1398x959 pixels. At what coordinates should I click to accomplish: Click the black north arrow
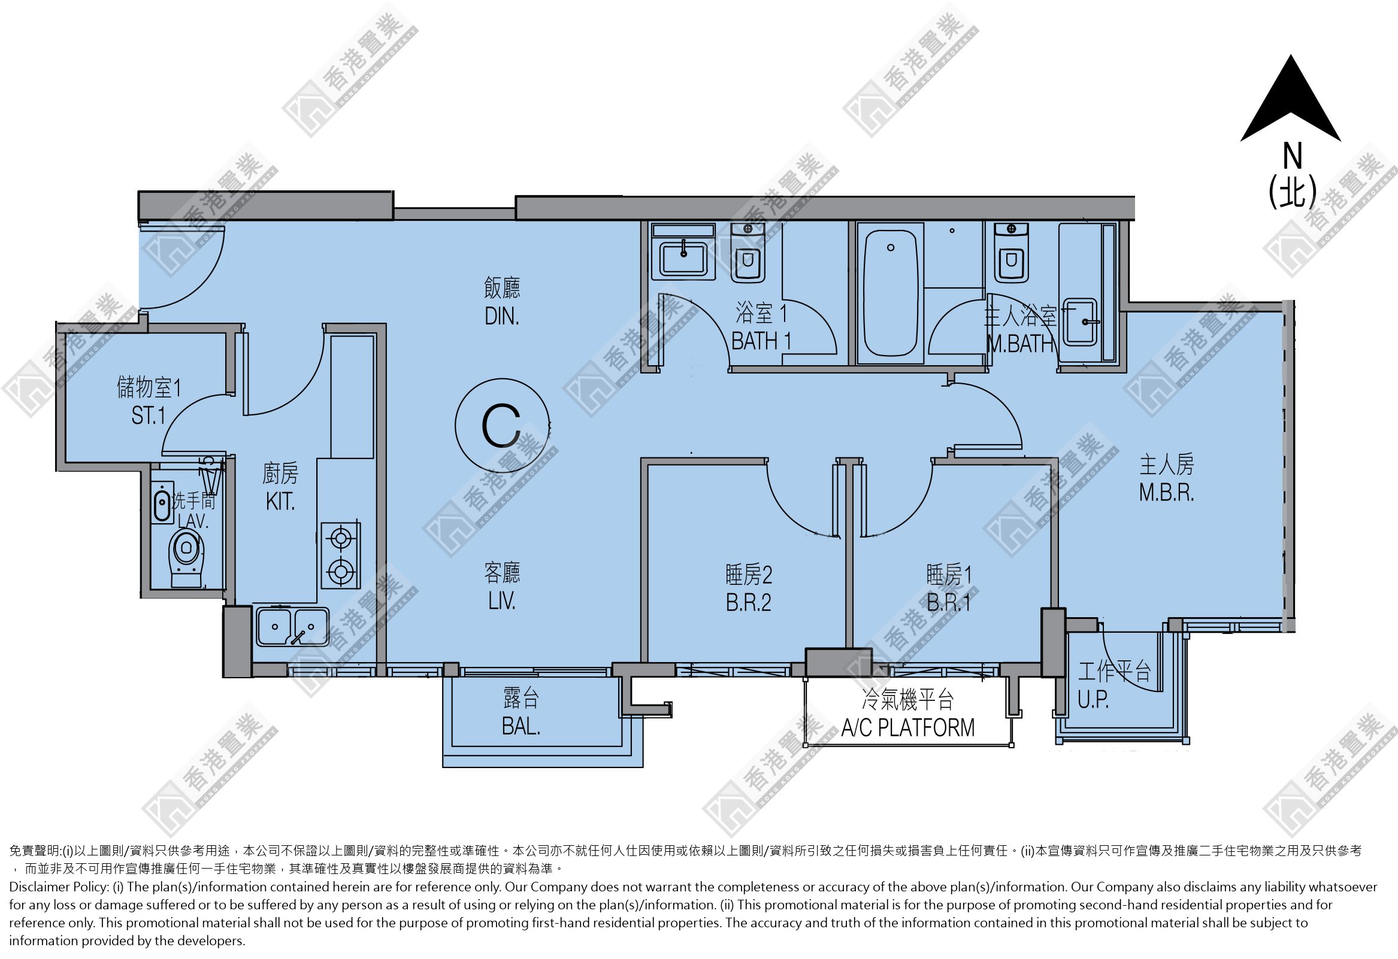1290,102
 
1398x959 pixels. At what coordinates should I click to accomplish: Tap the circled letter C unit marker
502,426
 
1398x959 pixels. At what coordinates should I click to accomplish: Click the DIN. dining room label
502,316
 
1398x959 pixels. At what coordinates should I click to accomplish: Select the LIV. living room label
502,600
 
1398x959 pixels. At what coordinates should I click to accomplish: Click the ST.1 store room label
149,415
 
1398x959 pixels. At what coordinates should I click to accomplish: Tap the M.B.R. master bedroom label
1166,493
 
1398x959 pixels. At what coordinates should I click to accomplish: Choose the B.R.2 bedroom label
748,602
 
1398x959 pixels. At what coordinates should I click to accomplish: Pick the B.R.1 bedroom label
949,602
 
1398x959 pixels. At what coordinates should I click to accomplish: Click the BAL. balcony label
521,726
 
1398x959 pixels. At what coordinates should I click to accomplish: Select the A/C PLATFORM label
907,727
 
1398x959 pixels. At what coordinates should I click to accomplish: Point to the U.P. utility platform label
1093,699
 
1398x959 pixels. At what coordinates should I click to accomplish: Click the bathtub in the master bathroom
890,293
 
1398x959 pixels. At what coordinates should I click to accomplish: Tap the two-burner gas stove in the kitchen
340,555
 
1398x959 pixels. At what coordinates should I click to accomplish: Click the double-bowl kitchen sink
292,627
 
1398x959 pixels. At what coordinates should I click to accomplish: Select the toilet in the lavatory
187,557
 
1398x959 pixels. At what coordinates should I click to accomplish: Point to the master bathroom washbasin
1081,321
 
